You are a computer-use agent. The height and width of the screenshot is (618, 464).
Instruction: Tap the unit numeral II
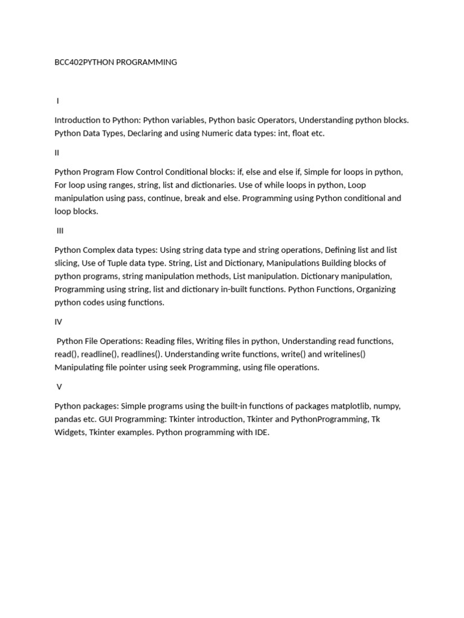click(x=57, y=153)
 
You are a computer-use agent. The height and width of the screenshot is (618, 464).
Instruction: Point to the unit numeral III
click(x=60, y=231)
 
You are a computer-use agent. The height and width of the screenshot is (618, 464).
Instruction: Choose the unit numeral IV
click(x=58, y=322)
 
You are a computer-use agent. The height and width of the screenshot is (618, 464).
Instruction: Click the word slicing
click(x=67, y=263)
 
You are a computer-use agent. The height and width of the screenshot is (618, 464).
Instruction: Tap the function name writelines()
click(x=344, y=354)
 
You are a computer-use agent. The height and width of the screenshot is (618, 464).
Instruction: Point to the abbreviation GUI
click(x=105, y=419)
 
